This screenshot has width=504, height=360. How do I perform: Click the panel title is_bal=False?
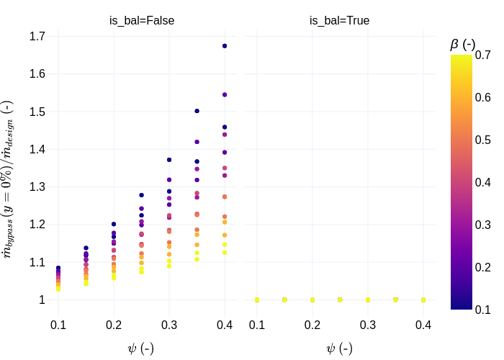[x=141, y=21]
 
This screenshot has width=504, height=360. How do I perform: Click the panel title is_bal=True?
[x=339, y=21]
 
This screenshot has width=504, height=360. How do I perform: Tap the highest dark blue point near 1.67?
[x=225, y=46]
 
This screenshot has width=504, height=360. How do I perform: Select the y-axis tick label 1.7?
[x=37, y=36]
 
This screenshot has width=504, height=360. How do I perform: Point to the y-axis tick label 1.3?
[x=37, y=186]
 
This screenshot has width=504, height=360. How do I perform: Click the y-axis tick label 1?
[x=42, y=300]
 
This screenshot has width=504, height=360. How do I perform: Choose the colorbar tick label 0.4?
[x=483, y=182]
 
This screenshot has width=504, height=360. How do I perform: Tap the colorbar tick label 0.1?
[x=483, y=310]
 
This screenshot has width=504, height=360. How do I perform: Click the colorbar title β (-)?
[x=462, y=44]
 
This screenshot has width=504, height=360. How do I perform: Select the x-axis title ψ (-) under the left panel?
[x=140, y=348]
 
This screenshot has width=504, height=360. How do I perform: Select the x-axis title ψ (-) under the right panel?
[x=339, y=348]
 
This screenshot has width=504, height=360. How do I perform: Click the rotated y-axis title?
[x=8, y=179]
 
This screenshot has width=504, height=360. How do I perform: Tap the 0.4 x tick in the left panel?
[x=225, y=325]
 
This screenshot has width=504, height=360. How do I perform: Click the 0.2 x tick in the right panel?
[x=312, y=325]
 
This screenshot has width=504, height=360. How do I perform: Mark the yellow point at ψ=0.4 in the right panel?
[x=423, y=300]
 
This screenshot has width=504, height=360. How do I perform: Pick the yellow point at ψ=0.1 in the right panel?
[x=257, y=300]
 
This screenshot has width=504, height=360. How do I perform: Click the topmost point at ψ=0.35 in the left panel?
[x=197, y=111]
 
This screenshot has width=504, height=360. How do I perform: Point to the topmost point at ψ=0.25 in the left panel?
[x=141, y=195]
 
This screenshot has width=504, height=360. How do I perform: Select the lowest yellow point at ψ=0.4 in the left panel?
[x=225, y=252]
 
